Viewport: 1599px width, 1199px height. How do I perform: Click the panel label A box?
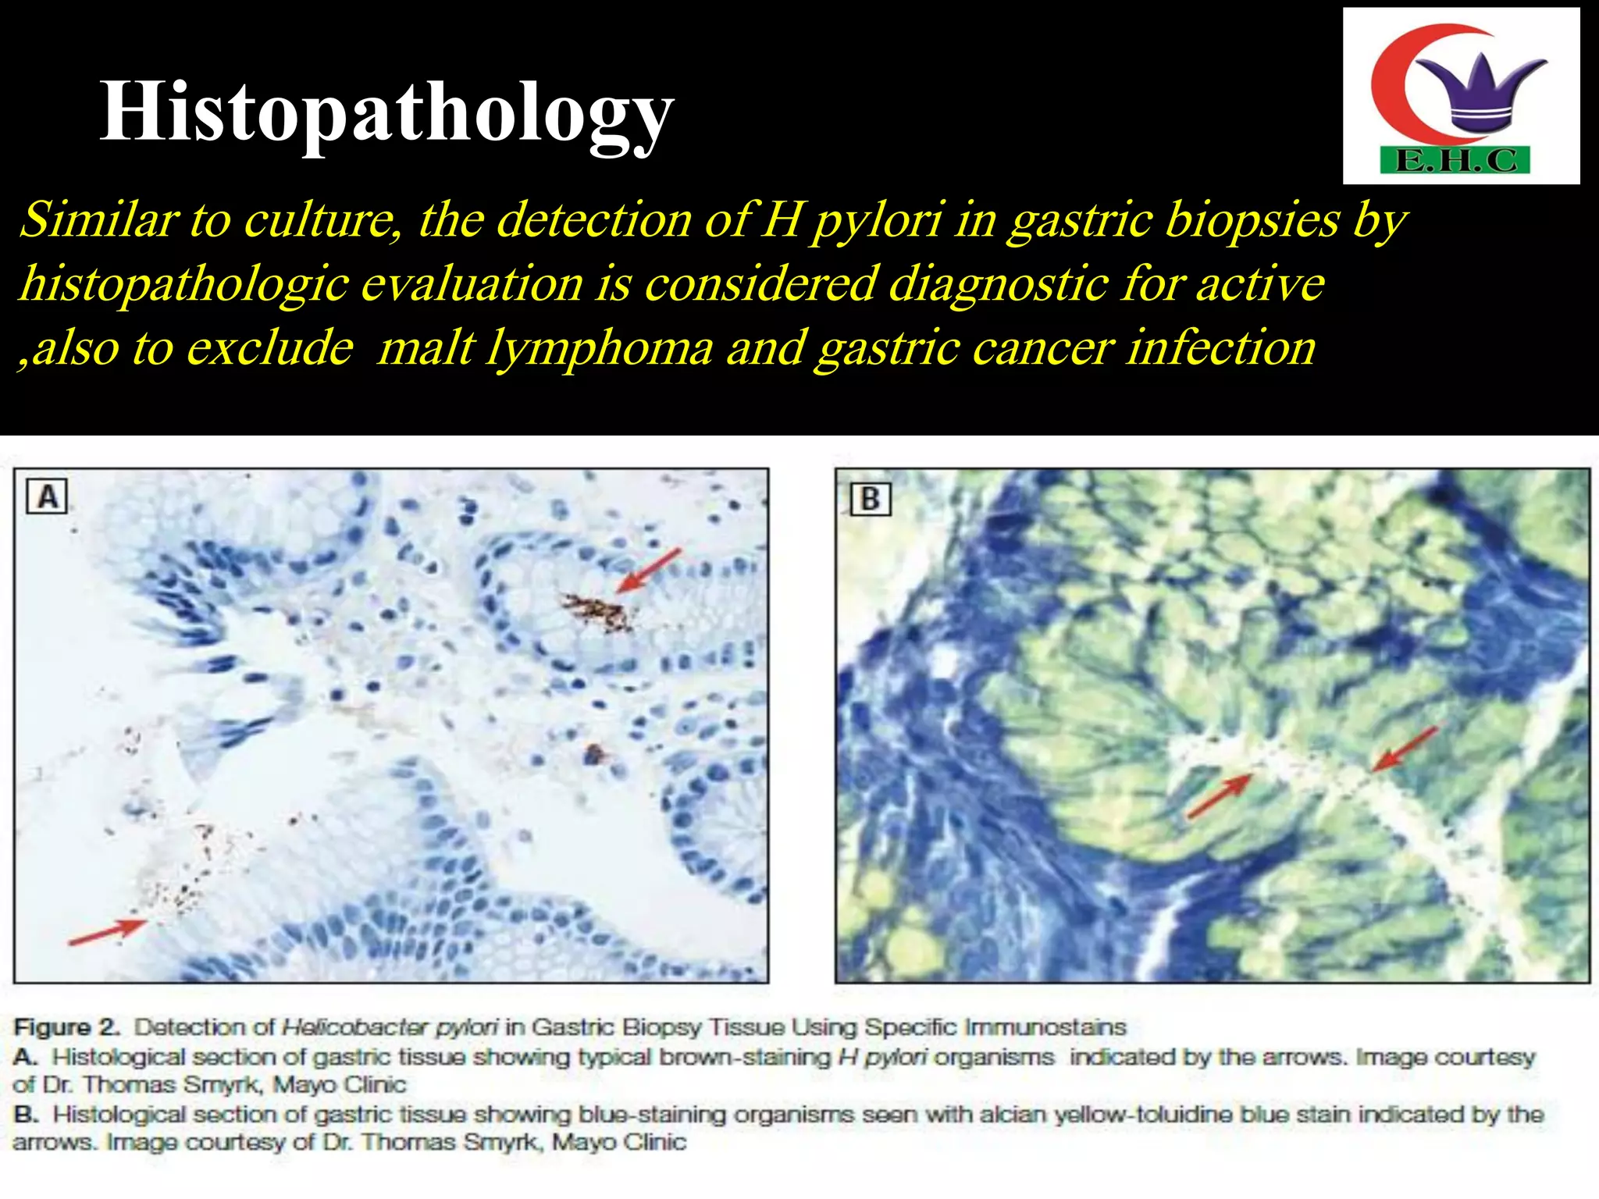47,496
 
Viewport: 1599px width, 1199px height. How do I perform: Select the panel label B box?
870,498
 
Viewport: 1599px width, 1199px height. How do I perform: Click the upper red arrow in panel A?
649,570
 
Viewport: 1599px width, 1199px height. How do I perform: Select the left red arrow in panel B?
1220,795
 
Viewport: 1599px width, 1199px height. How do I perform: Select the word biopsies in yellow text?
1252,220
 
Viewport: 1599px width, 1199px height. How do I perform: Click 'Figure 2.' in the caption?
66,1026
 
